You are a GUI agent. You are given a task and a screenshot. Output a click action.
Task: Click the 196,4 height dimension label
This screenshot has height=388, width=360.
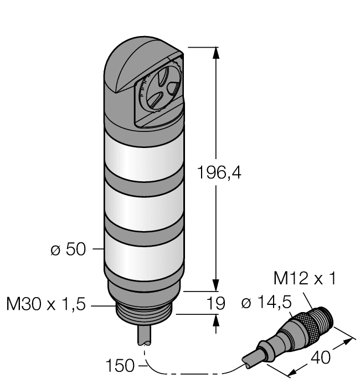click(x=220, y=172)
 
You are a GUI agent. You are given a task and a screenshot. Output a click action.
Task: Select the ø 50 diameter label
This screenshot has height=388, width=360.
click(x=68, y=249)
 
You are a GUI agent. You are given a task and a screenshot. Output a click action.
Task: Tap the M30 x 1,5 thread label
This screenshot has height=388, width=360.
click(x=46, y=304)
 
